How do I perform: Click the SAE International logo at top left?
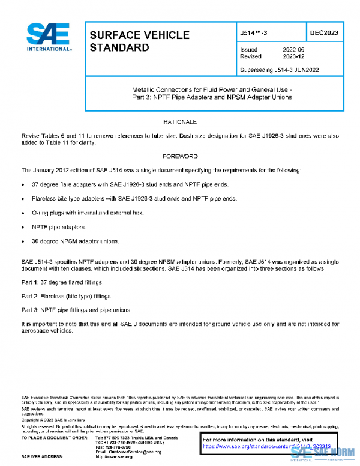point(49,38)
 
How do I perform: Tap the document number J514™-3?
point(254,31)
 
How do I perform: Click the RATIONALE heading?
point(180,122)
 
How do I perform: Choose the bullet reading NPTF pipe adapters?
point(59,228)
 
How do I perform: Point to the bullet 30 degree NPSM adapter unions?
point(76,242)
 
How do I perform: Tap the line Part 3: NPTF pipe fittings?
point(76,310)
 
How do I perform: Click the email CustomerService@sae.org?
point(120,452)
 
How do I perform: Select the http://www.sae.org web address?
point(114,457)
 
